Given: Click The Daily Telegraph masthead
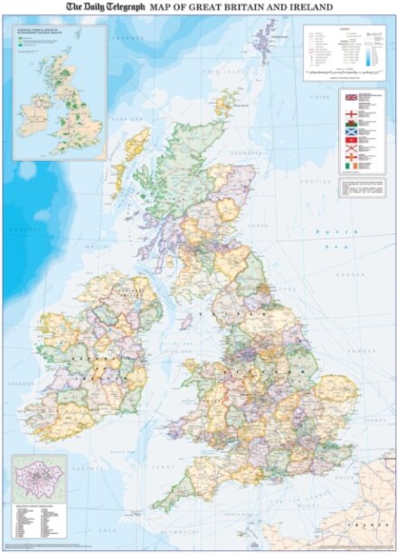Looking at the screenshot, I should pyautogui.click(x=105, y=7).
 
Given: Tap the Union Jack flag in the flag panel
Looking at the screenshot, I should pyautogui.click(x=351, y=96).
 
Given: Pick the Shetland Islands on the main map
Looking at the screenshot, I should pyautogui.click(x=264, y=41).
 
